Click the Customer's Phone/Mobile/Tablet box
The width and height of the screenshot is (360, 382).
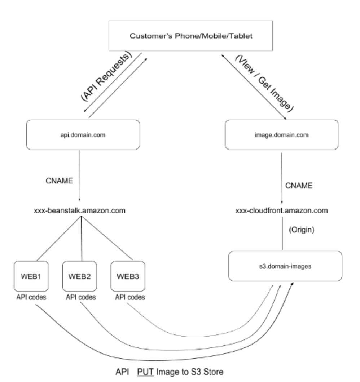(191, 36)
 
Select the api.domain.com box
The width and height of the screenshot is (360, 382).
(83, 135)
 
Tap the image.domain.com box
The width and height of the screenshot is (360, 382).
(282, 135)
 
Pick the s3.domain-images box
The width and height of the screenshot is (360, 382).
(285, 267)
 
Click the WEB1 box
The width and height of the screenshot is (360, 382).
(31, 276)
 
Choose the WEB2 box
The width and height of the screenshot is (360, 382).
(79, 276)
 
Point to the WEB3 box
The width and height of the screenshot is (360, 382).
(128, 276)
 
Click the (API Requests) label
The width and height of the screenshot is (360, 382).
(106, 77)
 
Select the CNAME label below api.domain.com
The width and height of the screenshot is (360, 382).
(59, 181)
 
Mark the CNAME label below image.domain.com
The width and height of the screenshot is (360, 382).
(299, 186)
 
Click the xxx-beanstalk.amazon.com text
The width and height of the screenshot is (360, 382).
(80, 211)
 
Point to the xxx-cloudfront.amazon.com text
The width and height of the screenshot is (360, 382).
(282, 211)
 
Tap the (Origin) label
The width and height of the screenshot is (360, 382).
(302, 230)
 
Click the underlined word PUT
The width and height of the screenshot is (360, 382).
(145, 372)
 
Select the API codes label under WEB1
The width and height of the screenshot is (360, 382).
(31, 298)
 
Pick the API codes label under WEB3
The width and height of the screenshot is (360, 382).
(130, 298)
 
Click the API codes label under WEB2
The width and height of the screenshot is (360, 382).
(81, 298)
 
